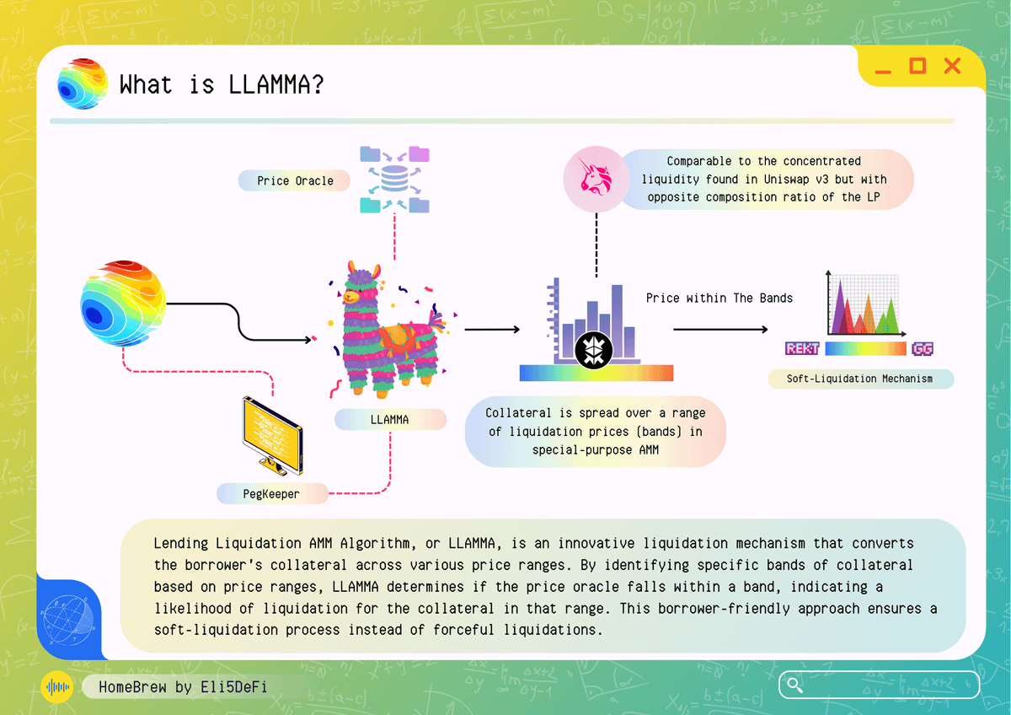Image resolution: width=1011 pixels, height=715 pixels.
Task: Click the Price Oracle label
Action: click(x=295, y=180)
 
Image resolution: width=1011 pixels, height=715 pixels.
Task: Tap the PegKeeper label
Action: click(x=271, y=494)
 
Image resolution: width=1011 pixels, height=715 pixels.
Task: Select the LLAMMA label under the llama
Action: click(x=389, y=419)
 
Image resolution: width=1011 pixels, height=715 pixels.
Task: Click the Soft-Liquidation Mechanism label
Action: click(x=859, y=379)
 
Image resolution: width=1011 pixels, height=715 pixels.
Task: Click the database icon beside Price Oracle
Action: click(x=393, y=180)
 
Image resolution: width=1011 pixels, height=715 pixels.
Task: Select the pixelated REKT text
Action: click(x=802, y=348)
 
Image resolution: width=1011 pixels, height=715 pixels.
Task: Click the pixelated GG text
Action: click(x=921, y=348)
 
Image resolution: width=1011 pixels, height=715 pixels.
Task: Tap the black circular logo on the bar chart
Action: click(x=596, y=348)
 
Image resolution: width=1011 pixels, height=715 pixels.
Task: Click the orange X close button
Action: click(x=952, y=66)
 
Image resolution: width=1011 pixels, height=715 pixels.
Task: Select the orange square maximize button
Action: click(x=917, y=66)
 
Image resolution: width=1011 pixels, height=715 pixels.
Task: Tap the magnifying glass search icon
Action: click(x=793, y=685)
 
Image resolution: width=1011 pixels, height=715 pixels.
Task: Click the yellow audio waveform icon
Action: click(x=57, y=687)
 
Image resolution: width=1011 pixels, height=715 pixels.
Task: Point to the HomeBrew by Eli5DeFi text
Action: click(x=183, y=687)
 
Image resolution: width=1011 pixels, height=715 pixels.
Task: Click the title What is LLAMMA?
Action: click(x=222, y=85)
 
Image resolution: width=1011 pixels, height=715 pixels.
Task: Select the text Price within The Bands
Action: click(x=719, y=298)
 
